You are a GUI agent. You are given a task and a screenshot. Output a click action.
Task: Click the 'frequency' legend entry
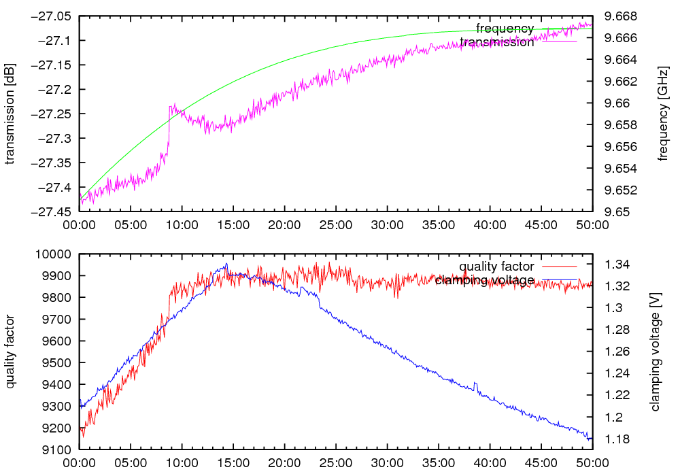(x=505, y=29)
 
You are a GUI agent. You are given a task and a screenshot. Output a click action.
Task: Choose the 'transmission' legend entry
(x=497, y=42)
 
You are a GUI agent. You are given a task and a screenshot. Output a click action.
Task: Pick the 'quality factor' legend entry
(x=496, y=267)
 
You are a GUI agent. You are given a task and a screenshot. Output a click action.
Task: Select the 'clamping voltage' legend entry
(x=484, y=280)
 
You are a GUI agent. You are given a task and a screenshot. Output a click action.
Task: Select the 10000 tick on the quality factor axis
(x=54, y=254)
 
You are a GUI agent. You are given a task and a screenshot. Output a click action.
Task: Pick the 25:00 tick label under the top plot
(x=335, y=225)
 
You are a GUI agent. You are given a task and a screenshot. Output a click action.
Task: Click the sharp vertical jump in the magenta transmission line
(x=169, y=129)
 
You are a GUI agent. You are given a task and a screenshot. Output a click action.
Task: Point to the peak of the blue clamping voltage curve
(x=226, y=265)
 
